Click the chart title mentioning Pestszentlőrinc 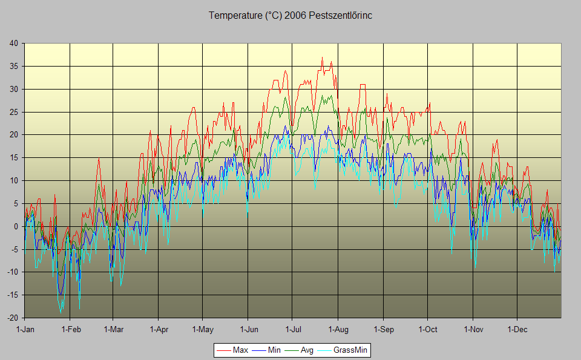pos(290,16)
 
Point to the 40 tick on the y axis pos(13,43)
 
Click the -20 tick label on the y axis pos(12,318)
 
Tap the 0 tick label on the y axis pos(16,226)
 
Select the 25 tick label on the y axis pos(13,112)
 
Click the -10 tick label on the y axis pos(12,272)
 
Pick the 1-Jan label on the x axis pos(25,329)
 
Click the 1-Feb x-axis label pos(71,329)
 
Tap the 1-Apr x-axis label pos(158,329)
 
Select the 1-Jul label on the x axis pos(292,329)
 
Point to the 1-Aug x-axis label pos(338,329)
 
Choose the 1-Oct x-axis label pos(427,329)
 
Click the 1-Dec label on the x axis pos(517,329)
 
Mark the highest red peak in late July pos(322,57)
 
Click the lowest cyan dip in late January pos(61,312)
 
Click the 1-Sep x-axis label pos(383,329)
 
